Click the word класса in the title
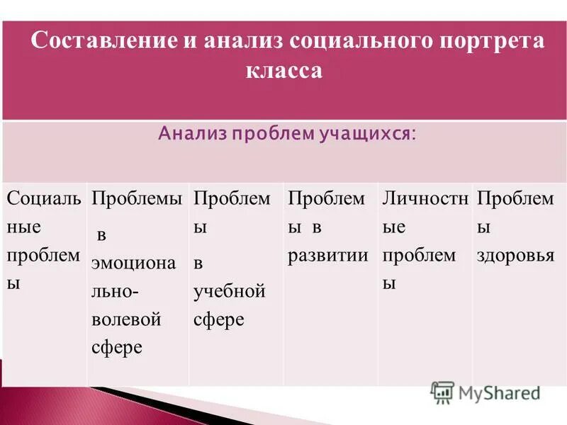coord(283,72)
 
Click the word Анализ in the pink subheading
coord(189,134)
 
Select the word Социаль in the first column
coord(43,199)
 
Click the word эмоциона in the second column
coord(133,263)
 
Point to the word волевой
coord(127,319)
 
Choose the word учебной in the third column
coord(230,291)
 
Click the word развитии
coord(328,256)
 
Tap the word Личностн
coord(425,199)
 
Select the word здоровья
coord(515,256)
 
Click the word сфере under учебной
coord(219,319)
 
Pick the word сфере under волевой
coord(117,348)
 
